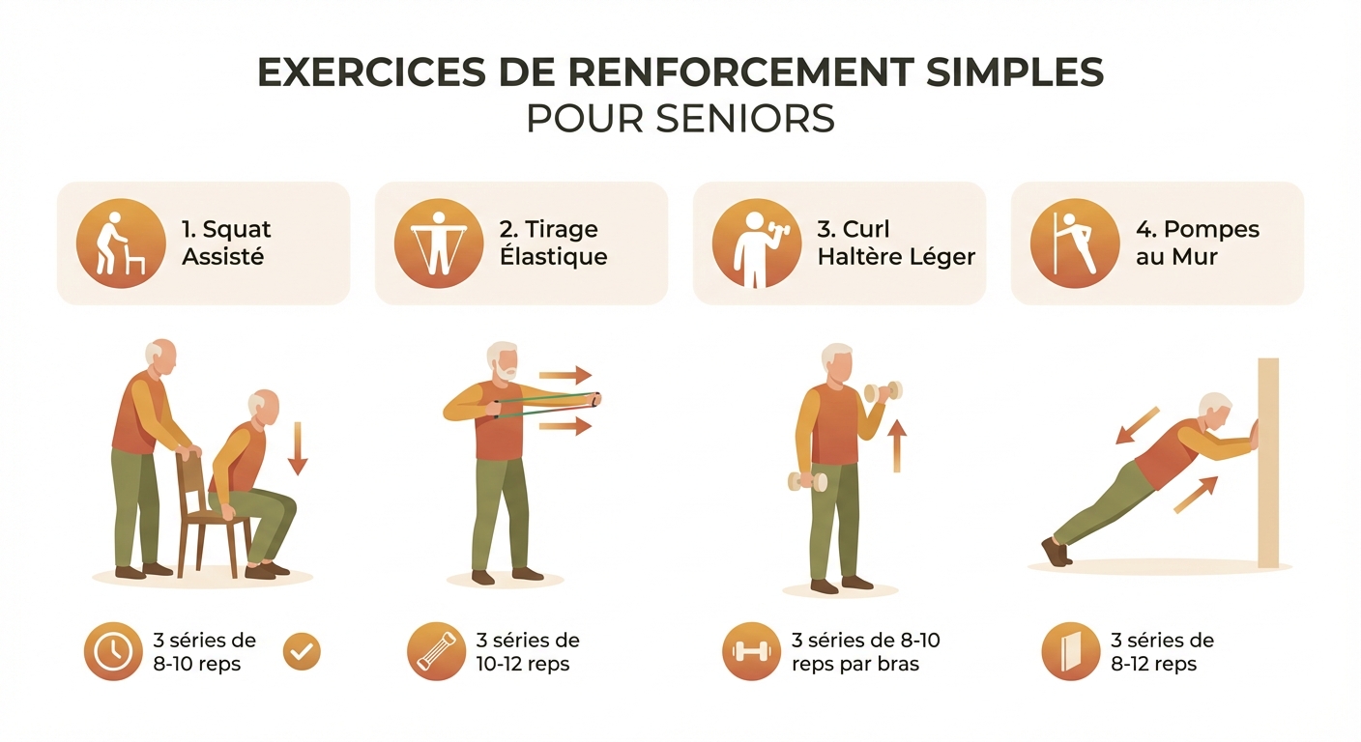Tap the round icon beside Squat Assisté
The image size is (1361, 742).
[121, 243]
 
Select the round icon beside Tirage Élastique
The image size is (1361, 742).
[439, 243]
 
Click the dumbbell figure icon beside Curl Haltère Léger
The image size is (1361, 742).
[757, 243]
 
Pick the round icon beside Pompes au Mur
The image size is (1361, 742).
[1075, 243]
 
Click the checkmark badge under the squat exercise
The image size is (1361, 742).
[302, 652]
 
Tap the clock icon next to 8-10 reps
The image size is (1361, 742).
[112, 652]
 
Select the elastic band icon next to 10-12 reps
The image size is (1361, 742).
[435, 652]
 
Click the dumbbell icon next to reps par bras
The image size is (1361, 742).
[751, 652]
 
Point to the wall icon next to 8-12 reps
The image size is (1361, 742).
[1071, 652]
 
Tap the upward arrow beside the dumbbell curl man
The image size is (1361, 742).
[897, 445]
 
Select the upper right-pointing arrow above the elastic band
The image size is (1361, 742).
[565, 376]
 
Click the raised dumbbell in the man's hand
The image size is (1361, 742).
[883, 391]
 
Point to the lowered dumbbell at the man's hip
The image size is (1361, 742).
[807, 480]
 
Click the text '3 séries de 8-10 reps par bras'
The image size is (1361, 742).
[865, 652]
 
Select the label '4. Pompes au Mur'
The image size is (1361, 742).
[1198, 243]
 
